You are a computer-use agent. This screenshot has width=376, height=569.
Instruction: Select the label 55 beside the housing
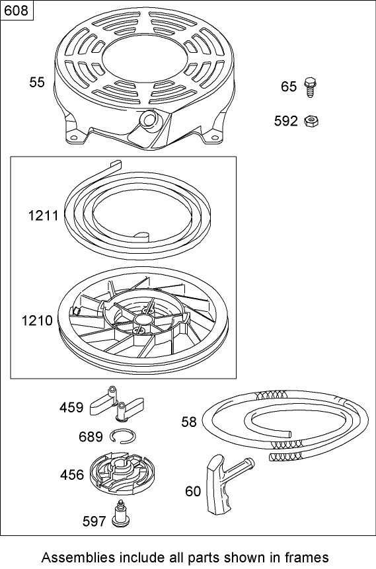coord(37,82)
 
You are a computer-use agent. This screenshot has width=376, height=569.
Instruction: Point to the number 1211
coord(44,215)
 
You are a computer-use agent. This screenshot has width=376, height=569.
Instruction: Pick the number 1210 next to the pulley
coord(37,321)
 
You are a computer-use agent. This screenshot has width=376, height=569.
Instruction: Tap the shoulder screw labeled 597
coord(120,513)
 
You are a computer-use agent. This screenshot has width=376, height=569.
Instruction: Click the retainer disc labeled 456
coord(119,475)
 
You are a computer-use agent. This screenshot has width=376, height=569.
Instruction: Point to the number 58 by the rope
coord(189,422)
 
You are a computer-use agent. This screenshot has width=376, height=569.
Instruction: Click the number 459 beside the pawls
coord(71,407)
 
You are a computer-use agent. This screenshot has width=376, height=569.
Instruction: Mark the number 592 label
coord(287,121)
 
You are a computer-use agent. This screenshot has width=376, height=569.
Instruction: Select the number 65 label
coord(289,87)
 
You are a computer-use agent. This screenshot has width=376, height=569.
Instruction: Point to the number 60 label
coord(193,491)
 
